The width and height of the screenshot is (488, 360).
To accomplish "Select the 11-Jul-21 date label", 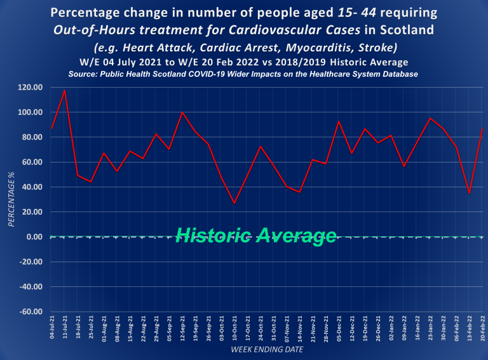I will click(64, 329).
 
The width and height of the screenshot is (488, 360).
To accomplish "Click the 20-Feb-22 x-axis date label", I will click(482, 329).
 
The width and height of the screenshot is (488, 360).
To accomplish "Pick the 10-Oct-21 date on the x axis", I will click(234, 329).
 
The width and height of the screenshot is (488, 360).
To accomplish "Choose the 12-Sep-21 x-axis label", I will click(182, 329).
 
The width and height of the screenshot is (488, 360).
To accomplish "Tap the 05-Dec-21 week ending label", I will click(339, 329).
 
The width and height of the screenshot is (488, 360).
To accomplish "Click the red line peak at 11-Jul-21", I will click(64, 90).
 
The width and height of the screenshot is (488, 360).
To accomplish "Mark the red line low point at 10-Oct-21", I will click(234, 203).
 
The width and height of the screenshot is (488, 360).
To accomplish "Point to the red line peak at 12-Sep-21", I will click(182, 112).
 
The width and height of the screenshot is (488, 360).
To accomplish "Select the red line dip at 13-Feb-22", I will click(469, 193).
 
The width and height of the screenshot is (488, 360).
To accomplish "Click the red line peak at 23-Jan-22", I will click(430, 118).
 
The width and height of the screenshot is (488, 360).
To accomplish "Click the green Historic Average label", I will click(255, 236).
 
